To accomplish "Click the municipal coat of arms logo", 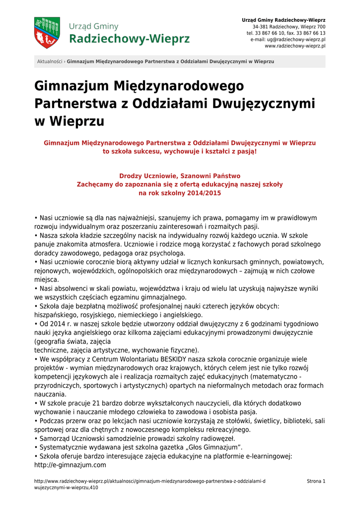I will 47,33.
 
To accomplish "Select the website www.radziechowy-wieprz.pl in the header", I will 295,46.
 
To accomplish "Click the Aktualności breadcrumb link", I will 50,62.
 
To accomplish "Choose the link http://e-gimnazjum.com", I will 71,465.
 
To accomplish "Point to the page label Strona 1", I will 316,481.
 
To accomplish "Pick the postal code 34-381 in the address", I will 262,26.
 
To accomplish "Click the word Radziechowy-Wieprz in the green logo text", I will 129,38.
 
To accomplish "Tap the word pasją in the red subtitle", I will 245,151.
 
